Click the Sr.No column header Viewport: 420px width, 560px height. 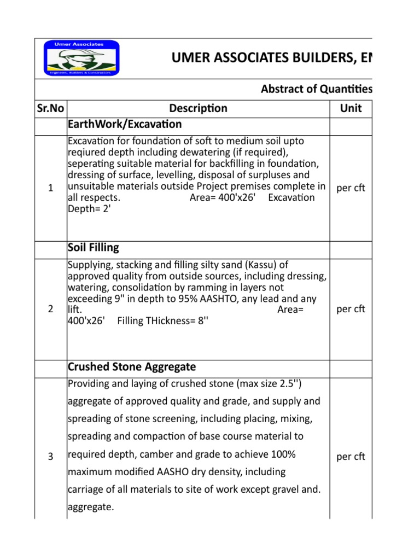[50, 108]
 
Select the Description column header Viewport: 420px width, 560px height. [198, 108]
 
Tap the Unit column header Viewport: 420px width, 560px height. [351, 108]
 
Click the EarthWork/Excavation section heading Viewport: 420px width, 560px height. [124, 124]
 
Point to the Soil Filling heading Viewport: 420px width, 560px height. [93, 247]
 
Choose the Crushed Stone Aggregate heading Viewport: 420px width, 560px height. [131, 366]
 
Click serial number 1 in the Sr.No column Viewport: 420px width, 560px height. [50, 188]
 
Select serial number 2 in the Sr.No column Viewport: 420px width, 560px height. [50, 309]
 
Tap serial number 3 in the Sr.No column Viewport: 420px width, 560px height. [50, 457]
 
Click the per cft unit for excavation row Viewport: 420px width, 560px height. [351, 188]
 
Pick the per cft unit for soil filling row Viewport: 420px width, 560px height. [351, 309]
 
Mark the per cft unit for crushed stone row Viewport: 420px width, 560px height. [351, 457]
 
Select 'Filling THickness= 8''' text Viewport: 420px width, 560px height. [163, 321]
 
